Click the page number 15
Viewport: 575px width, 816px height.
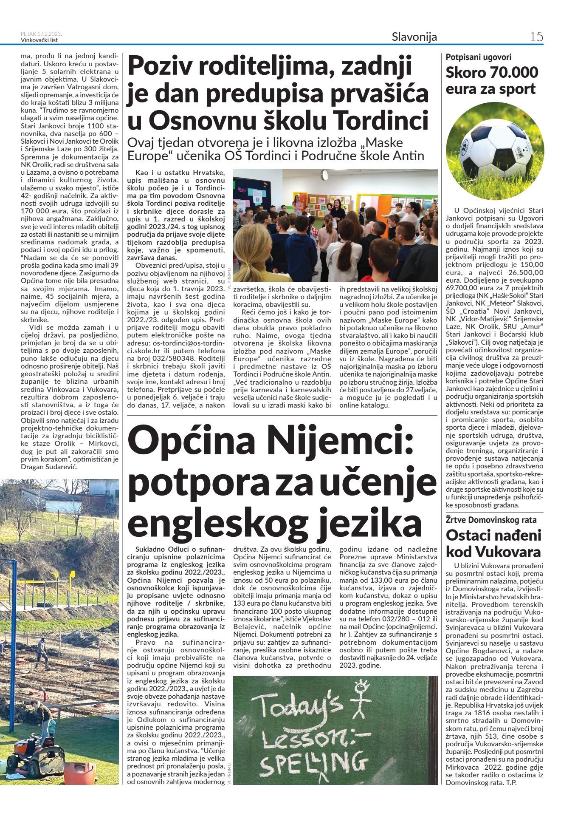tap(536, 37)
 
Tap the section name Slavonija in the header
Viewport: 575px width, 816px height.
tap(414, 37)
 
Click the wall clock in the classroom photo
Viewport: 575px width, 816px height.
tap(325, 175)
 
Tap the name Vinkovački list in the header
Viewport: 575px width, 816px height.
tap(39, 40)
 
